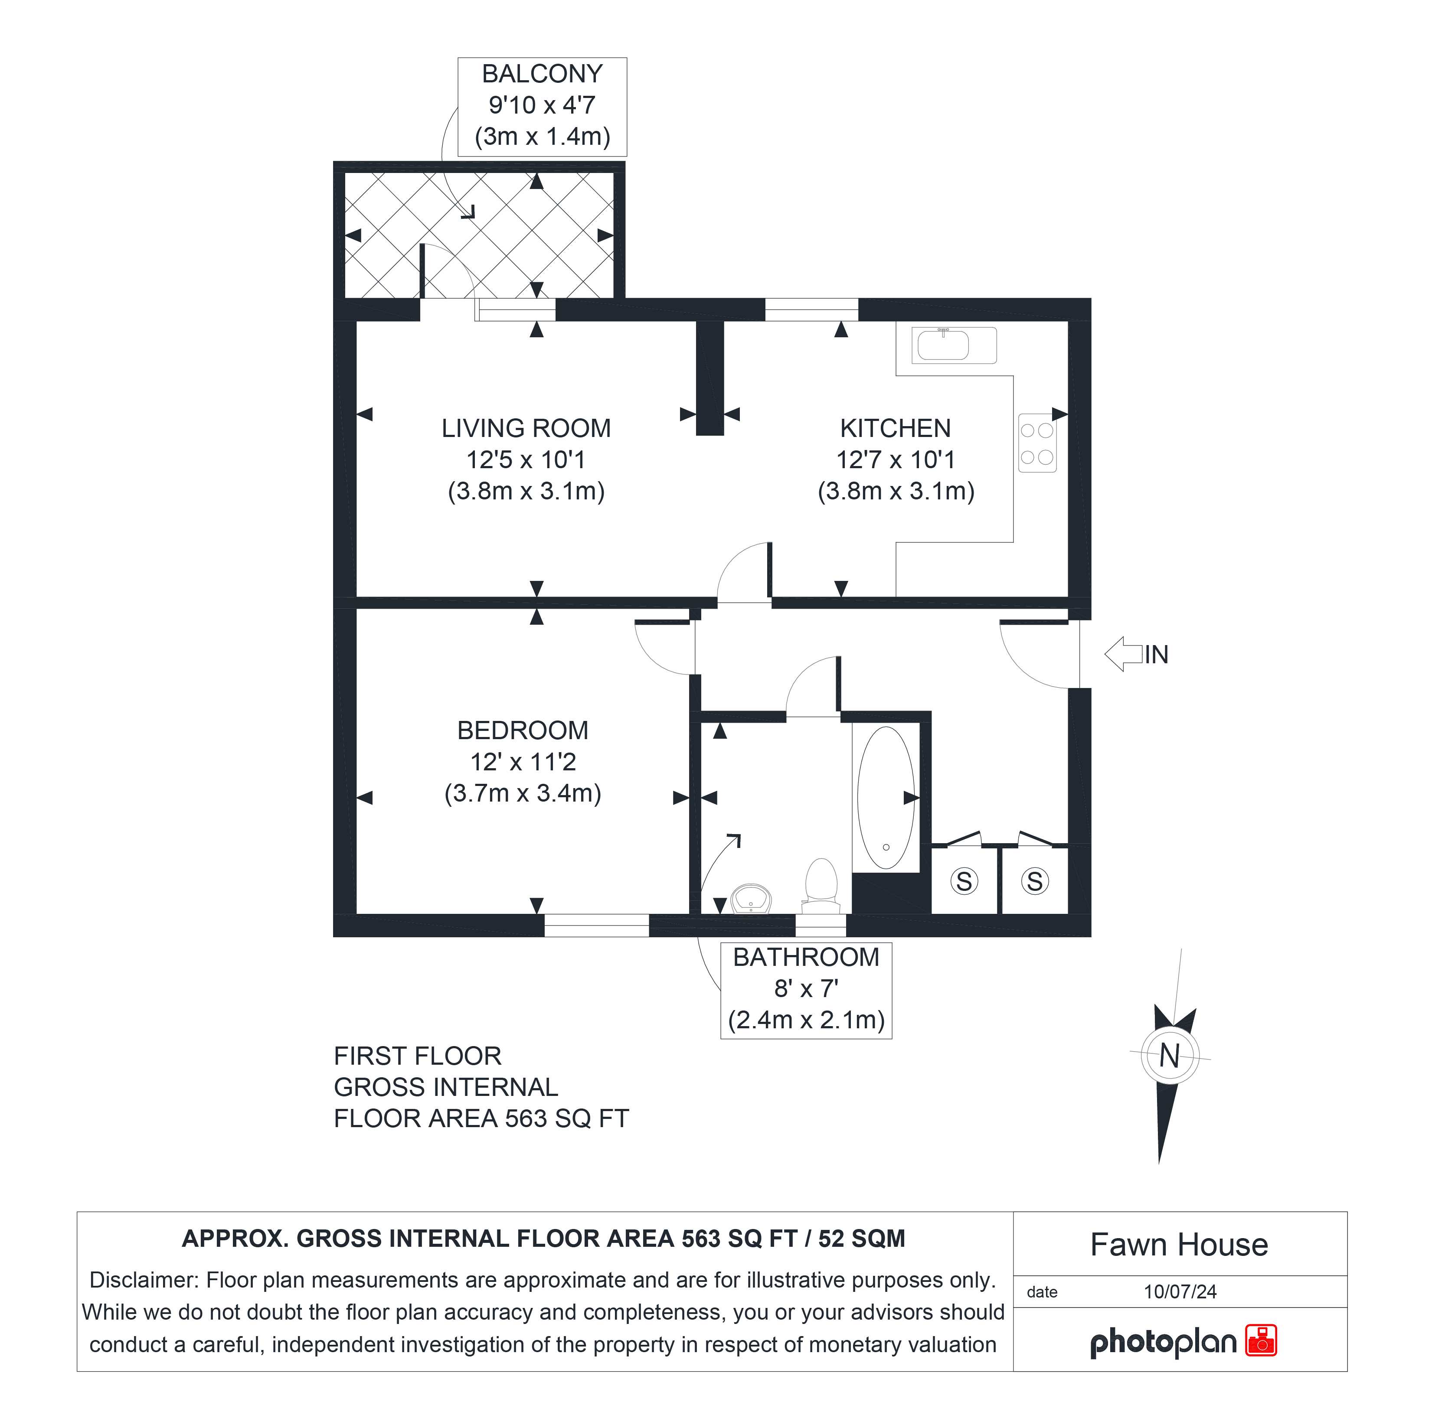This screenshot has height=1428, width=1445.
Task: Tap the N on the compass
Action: click(x=1170, y=1056)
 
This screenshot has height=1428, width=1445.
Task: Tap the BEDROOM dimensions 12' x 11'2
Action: click(x=523, y=762)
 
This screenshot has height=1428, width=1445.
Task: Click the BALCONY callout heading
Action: click(x=542, y=74)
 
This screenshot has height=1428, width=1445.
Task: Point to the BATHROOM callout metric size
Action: click(x=806, y=1020)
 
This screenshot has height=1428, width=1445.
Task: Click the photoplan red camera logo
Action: click(x=1261, y=1340)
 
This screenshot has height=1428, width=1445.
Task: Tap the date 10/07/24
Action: click(x=1180, y=1292)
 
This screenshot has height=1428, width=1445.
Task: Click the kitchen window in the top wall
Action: click(x=811, y=310)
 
